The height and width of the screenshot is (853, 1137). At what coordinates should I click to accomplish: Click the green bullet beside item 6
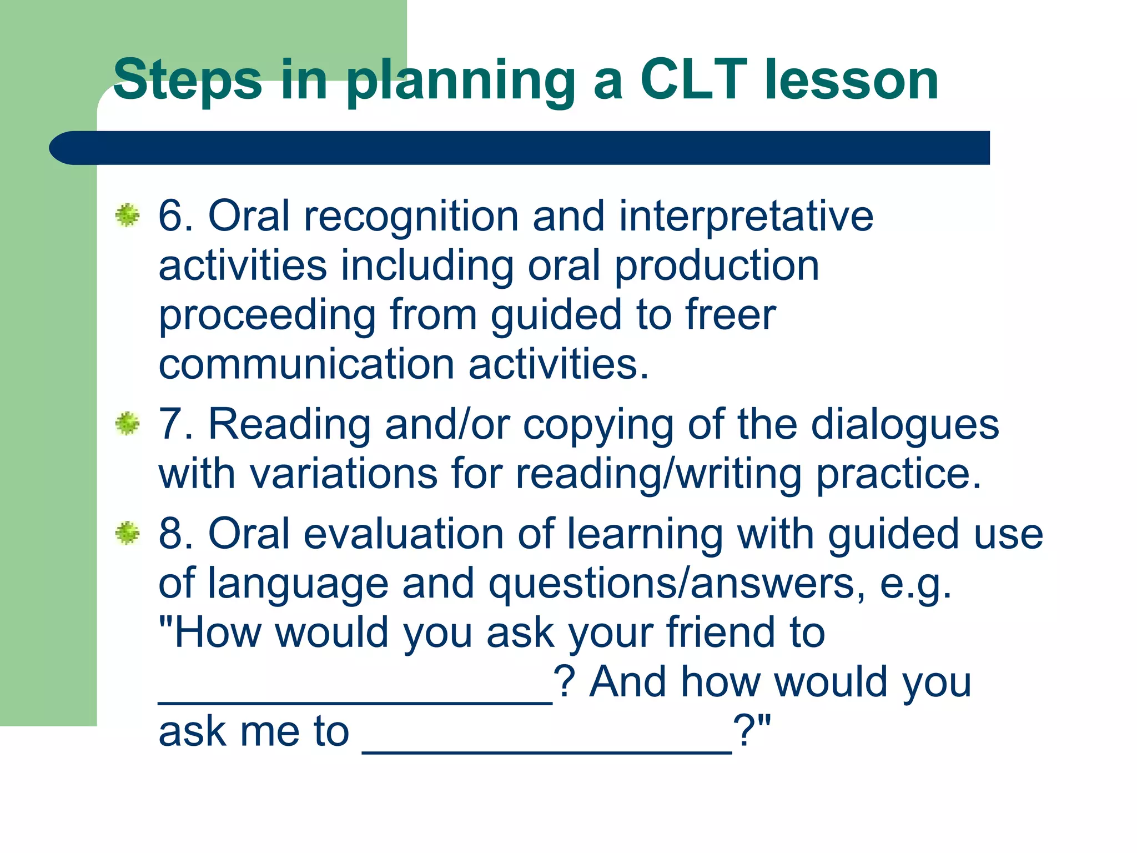tap(128, 215)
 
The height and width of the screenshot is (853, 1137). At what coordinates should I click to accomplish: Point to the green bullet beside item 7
tap(128, 424)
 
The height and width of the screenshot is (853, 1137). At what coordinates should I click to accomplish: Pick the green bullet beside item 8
tap(128, 533)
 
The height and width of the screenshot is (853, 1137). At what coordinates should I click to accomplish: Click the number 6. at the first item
tap(175, 215)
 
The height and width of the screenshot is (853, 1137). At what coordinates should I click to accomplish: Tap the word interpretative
tap(746, 217)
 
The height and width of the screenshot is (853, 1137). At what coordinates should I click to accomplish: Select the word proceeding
tap(267, 315)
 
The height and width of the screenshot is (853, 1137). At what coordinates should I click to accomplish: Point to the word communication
tap(306, 364)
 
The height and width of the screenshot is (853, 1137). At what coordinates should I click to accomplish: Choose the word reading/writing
tap(659, 474)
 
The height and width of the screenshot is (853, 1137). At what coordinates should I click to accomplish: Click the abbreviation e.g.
tap(916, 584)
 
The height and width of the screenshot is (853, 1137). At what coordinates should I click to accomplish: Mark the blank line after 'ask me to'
tap(547, 750)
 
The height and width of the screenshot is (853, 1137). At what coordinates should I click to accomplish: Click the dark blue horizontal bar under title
tap(519, 148)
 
